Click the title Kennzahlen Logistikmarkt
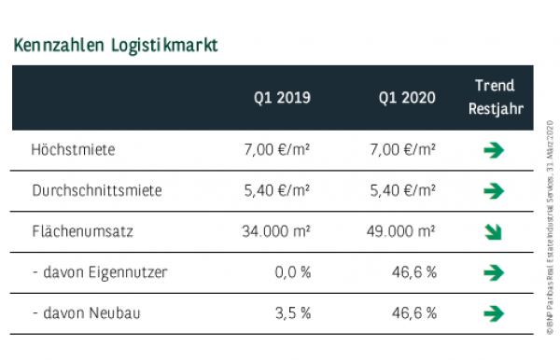point(116,45)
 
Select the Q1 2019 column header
point(282,98)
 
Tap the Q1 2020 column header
point(407,98)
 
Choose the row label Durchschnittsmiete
point(96,190)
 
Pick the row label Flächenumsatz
point(80,231)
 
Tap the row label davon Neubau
point(86,313)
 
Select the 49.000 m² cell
point(398,231)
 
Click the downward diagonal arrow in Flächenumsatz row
point(495,232)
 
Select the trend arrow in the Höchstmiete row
point(495,150)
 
